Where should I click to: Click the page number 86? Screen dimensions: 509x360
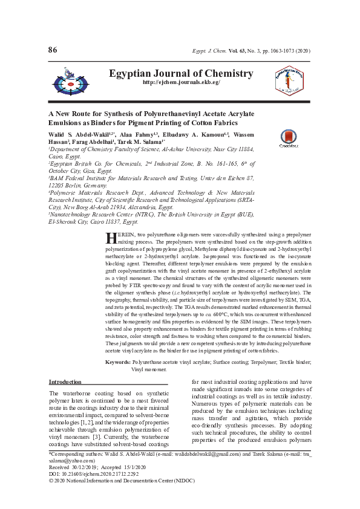click(x=53, y=49)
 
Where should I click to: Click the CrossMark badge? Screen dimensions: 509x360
click(x=287, y=139)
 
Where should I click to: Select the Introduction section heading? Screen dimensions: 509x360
click(x=65, y=383)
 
